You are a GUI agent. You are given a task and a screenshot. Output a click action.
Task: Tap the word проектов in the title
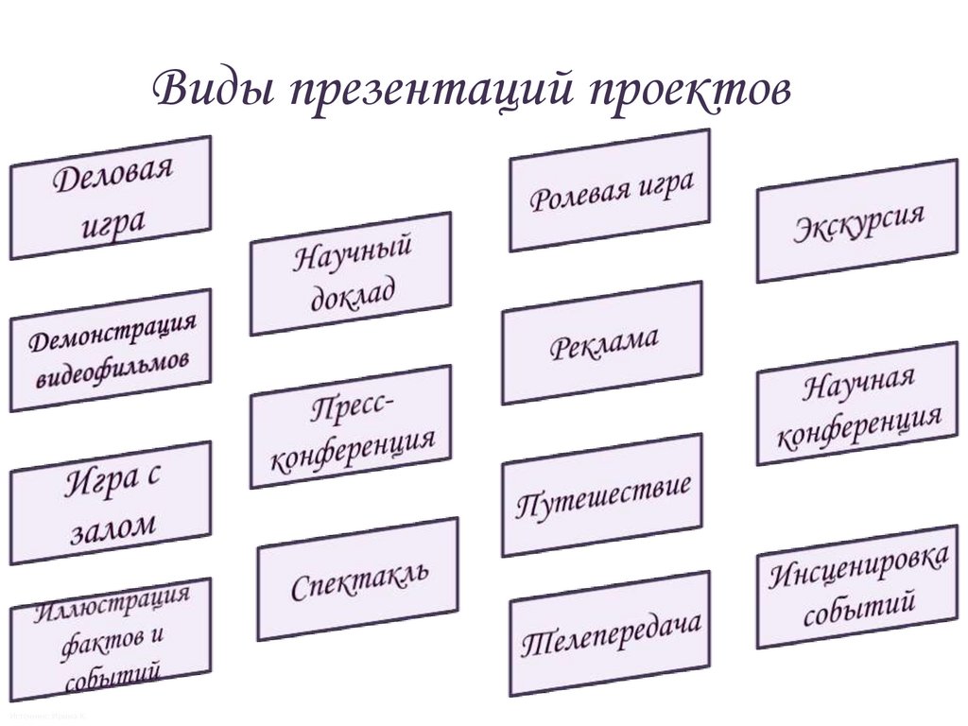coord(690,93)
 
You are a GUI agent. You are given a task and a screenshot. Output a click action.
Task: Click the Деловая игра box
coord(111,198)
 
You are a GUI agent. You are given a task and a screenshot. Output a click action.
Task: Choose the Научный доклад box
coord(351,273)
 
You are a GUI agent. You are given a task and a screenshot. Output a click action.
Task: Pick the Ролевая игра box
coord(610,190)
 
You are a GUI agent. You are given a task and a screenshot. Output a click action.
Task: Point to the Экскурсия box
coord(857,220)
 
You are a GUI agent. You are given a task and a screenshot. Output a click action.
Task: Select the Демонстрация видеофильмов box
coord(111,351)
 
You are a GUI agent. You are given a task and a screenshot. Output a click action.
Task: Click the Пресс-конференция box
coord(351,426)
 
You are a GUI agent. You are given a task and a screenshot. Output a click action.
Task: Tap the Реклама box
coord(602,342)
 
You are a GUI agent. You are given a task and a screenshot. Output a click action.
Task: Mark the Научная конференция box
coord(857,404)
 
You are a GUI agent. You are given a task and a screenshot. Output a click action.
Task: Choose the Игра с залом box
coord(111,503)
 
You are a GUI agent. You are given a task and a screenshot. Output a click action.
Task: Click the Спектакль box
coord(357,579)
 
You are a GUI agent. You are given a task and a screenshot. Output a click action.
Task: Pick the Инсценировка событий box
coord(857,586)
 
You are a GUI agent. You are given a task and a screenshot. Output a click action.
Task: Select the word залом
coord(112,527)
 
